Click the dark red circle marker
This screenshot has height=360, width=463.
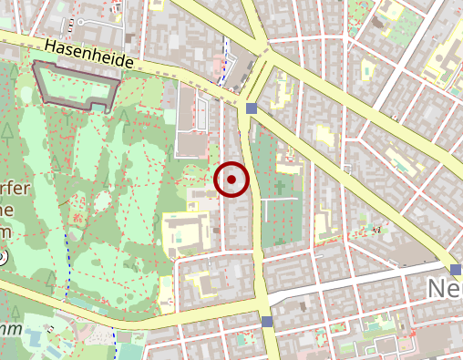[x=232, y=180]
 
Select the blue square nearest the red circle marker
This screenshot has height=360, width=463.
[x=251, y=109]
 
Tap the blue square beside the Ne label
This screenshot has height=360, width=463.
[x=457, y=269]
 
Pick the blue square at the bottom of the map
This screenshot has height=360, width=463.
[x=266, y=322]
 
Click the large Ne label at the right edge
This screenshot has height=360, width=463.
[x=445, y=290]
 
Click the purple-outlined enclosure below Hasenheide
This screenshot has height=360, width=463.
[x=77, y=87]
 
